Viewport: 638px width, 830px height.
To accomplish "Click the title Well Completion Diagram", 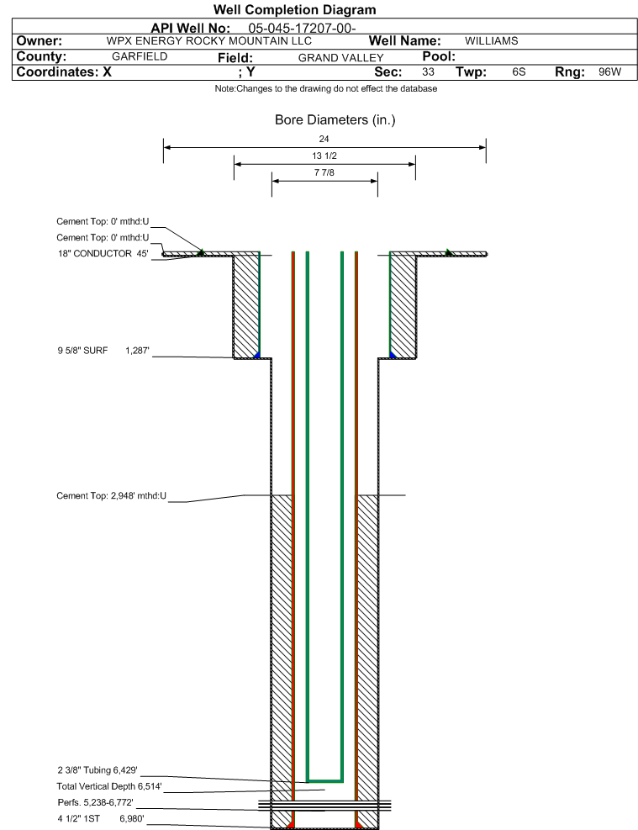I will coord(294,10).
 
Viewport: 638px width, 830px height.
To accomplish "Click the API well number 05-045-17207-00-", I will coord(303,28).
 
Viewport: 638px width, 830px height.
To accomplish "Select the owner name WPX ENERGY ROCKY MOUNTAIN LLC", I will coord(209,41).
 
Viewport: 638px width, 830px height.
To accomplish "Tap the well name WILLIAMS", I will coord(491,41).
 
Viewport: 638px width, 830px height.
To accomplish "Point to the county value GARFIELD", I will coord(140,56).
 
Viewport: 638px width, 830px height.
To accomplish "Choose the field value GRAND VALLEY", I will coord(340,57).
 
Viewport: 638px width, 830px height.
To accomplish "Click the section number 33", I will coord(428,72).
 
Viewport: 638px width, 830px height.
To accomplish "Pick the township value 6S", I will coord(519,72).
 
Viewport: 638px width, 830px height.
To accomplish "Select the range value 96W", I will coord(609,72).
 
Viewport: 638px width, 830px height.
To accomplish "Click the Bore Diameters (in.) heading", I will coord(335,120).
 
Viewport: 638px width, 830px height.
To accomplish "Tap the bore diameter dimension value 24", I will coord(324,139).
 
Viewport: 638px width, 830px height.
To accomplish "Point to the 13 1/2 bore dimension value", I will coord(324,156).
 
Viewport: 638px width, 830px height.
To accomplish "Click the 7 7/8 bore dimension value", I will coord(324,174).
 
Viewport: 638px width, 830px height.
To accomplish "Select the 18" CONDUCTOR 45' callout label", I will coord(103,253).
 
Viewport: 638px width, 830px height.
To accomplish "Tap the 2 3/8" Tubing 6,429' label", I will coord(97,769).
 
